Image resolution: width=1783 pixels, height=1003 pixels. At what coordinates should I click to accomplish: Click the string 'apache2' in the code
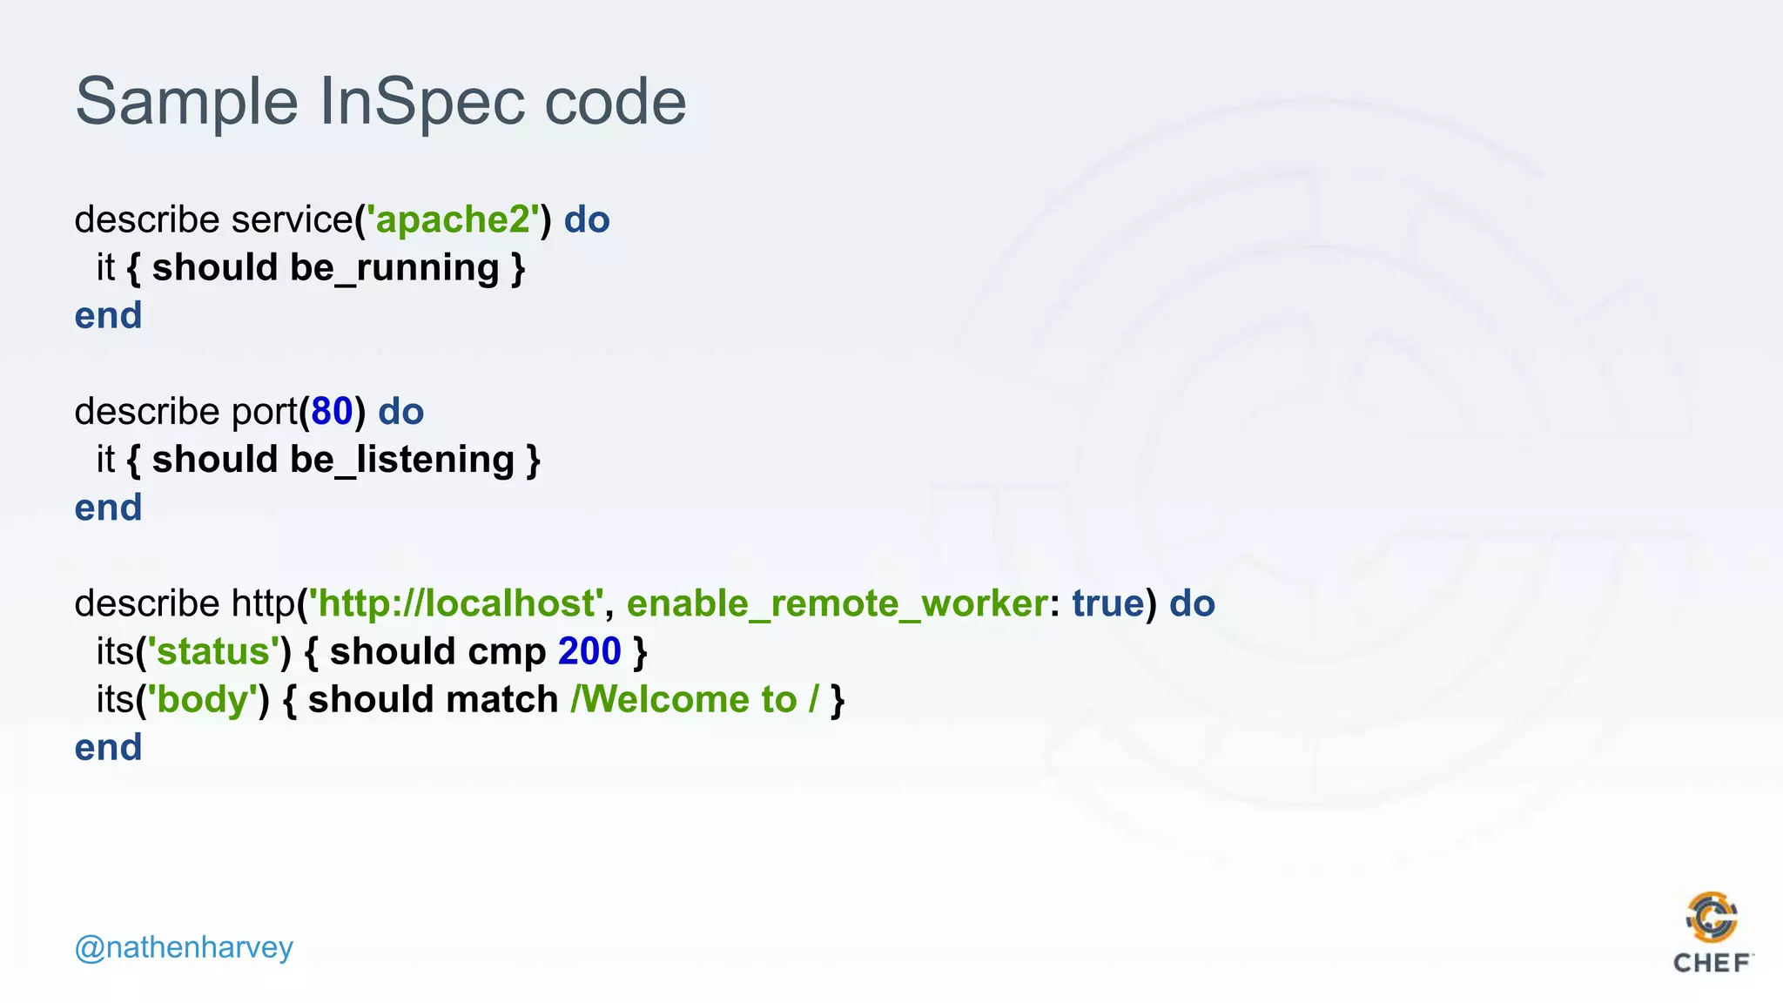tap(453, 219)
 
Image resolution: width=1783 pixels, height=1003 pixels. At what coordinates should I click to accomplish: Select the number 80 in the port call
tap(332, 412)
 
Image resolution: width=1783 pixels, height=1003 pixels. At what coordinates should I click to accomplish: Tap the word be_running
tap(394, 268)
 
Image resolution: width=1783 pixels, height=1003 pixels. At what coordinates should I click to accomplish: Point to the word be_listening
tap(402, 460)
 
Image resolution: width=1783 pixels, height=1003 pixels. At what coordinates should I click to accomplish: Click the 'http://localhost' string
tap(456, 603)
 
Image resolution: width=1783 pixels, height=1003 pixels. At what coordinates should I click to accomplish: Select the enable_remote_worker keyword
tap(837, 603)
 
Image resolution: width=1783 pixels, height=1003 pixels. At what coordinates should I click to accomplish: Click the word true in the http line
tap(1107, 603)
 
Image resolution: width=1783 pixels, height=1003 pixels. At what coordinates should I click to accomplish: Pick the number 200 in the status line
tap(589, 651)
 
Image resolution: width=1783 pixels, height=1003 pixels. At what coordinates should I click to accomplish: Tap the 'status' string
tap(213, 651)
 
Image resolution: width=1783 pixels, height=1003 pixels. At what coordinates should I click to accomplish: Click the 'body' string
tap(203, 699)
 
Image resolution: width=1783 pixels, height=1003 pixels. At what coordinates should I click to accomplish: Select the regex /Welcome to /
tap(695, 699)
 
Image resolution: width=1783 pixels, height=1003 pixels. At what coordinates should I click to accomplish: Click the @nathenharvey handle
tap(184, 947)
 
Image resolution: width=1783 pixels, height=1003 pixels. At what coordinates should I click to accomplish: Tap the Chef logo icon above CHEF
tap(1712, 917)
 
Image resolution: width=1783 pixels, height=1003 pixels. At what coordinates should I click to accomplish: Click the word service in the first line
tap(292, 219)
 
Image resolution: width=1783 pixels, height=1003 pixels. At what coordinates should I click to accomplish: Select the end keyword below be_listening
tap(108, 508)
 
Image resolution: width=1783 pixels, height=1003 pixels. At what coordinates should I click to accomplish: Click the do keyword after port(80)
tap(400, 412)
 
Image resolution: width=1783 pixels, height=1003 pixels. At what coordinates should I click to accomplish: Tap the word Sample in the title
tap(186, 102)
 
